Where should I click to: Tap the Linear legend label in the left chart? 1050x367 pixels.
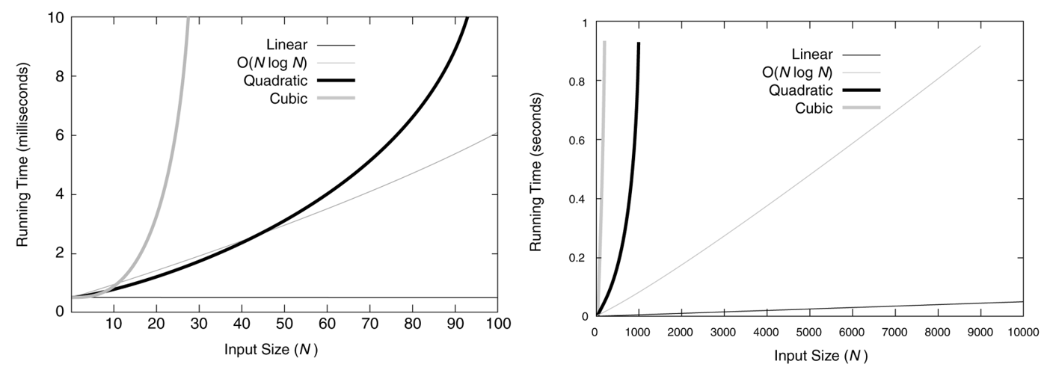pyautogui.click(x=287, y=42)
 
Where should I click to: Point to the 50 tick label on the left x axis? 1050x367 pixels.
pyautogui.click(x=285, y=324)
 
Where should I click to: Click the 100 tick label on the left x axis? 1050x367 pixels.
pyautogui.click(x=497, y=324)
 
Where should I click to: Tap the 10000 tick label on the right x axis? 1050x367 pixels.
pyautogui.click(x=1022, y=330)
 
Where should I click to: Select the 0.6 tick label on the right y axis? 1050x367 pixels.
pyautogui.click(x=577, y=140)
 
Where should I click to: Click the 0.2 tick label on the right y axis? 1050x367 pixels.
pyautogui.click(x=577, y=258)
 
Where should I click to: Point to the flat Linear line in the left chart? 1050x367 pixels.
pyautogui.click(x=299, y=297)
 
